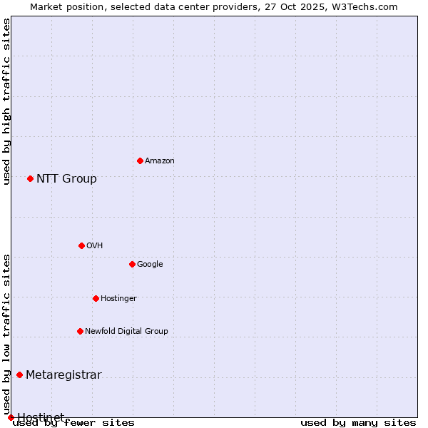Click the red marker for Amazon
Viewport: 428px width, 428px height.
pos(140,160)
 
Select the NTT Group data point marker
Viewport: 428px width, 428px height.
pos(30,178)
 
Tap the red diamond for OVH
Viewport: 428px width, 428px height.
pos(81,245)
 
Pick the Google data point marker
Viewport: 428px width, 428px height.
pos(132,264)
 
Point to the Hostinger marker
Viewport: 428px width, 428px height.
pos(96,298)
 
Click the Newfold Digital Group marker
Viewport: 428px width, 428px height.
pos(80,331)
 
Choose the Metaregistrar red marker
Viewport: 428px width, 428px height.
pos(19,374)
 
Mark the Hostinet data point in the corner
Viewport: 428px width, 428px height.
pos(11,417)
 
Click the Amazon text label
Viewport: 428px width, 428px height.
pos(160,161)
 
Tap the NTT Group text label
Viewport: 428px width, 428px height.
pos(66,179)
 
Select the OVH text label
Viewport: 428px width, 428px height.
pos(95,246)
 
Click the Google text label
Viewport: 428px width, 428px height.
pos(150,265)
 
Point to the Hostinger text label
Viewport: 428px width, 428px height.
pos(118,299)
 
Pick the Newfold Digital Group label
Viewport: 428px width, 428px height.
pos(126,332)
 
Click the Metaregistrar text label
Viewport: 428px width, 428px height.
pos(63,375)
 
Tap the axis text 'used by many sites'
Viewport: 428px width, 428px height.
pos(358,423)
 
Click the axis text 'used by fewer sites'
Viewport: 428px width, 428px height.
pos(73,423)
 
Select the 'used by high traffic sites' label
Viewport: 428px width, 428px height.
pos(6,101)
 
